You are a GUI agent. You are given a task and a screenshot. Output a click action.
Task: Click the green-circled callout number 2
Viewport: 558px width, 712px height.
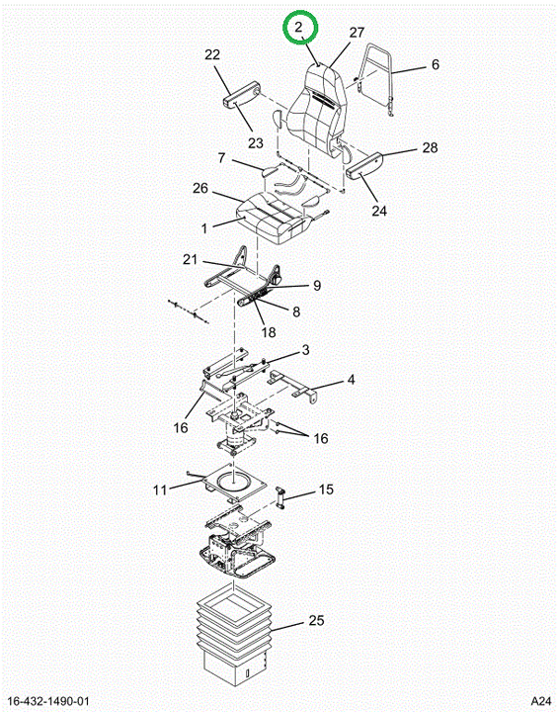[298, 28]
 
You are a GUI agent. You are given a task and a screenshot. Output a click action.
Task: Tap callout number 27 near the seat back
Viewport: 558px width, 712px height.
[357, 33]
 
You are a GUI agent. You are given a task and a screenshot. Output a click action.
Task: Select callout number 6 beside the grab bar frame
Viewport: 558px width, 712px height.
[436, 64]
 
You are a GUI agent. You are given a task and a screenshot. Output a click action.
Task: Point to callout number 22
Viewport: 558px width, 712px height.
[212, 54]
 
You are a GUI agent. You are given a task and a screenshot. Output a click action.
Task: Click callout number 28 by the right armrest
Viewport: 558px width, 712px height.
[430, 147]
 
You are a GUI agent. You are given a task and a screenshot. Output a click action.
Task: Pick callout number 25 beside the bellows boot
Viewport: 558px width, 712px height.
[316, 620]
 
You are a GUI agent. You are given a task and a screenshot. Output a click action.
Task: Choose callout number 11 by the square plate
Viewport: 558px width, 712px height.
[160, 489]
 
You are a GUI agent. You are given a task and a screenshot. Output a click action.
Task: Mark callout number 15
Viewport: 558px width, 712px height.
[326, 489]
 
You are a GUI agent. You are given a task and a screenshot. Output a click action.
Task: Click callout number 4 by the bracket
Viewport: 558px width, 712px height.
[351, 380]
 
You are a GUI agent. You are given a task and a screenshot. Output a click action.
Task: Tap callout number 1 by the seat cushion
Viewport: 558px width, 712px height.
[204, 228]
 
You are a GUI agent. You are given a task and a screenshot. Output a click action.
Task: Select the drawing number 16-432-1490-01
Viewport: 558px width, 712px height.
[48, 701]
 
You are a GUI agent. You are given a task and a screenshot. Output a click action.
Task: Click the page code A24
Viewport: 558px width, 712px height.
[541, 701]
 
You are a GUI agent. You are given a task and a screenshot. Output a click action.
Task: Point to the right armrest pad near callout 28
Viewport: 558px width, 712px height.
[365, 164]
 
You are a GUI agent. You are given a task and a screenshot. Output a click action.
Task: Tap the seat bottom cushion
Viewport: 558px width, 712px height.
[274, 217]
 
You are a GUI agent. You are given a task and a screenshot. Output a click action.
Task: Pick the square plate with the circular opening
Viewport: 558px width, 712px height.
[234, 483]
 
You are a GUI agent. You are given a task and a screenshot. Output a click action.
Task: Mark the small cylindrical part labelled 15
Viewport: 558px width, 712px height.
[279, 496]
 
